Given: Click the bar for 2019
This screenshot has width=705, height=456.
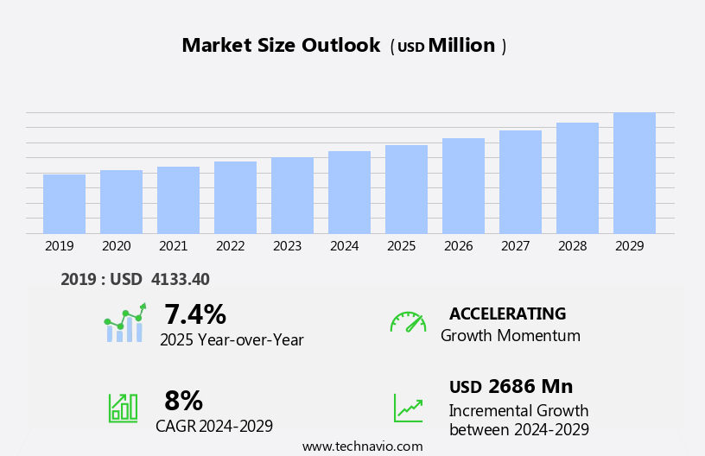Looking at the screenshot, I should click(64, 204).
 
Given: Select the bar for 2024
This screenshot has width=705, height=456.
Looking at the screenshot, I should click(349, 193).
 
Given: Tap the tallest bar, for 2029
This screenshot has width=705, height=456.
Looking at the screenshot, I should click(634, 173).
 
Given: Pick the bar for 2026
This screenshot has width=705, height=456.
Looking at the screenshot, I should click(463, 186).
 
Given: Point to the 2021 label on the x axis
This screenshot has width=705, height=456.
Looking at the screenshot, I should click(173, 246).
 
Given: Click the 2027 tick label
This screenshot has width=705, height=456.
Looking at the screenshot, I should click(515, 246).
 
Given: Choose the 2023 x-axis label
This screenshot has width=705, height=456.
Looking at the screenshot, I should click(287, 246).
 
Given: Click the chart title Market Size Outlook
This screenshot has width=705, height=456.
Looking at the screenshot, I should click(281, 46).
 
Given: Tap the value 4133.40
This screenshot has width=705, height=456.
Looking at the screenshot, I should click(180, 279).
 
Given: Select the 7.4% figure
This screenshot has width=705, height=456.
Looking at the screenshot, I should click(194, 314).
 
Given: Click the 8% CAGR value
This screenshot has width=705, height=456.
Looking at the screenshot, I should click(183, 401).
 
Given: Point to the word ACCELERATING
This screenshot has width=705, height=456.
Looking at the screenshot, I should click(507, 313).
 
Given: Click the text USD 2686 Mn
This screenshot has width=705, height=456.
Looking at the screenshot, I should click(511, 387).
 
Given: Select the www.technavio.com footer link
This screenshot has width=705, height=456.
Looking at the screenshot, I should click(362, 446).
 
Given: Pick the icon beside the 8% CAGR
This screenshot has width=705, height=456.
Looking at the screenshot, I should click(123, 407).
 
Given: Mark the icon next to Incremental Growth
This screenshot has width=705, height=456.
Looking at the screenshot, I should click(408, 408).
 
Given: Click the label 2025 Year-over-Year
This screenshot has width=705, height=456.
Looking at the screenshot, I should click(232, 340).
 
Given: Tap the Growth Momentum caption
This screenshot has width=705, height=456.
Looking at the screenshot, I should click(510, 336).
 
